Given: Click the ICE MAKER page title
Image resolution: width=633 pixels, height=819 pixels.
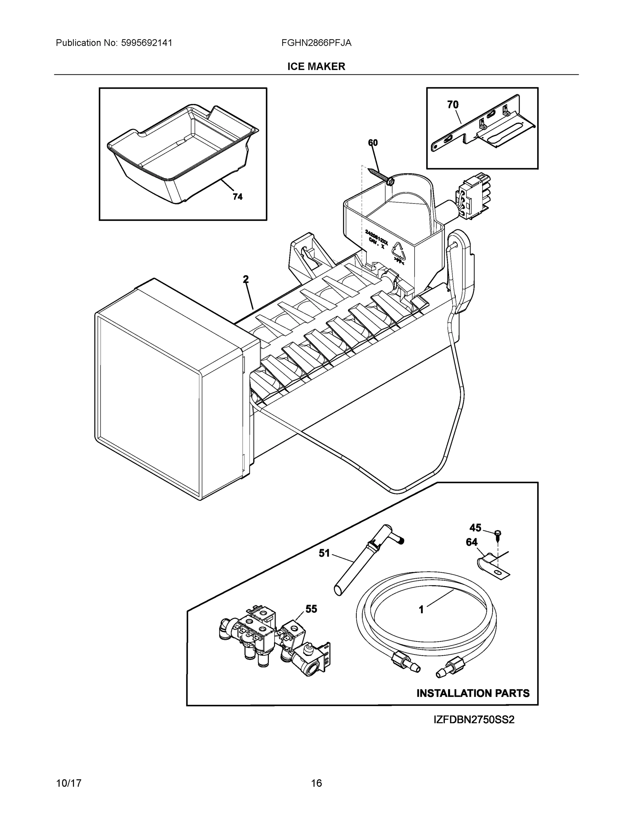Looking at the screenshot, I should click(x=316, y=67).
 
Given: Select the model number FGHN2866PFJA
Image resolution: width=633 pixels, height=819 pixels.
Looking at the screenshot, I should click(x=316, y=43).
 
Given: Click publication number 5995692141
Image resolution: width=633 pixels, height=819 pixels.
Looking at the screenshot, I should click(x=147, y=43).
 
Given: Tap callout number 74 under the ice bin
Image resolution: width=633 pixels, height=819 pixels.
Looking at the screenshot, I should click(x=238, y=197).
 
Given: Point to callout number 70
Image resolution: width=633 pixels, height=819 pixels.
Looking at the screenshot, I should click(x=452, y=105).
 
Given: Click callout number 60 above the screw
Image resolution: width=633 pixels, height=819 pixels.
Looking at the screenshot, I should click(x=373, y=143).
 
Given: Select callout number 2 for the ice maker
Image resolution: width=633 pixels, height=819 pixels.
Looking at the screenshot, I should click(x=246, y=279).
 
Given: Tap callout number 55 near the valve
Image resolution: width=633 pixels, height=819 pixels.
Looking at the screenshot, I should click(x=311, y=609).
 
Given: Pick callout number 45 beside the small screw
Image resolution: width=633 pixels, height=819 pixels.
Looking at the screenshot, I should click(x=475, y=528).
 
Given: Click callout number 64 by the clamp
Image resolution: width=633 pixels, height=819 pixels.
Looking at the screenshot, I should click(x=471, y=542).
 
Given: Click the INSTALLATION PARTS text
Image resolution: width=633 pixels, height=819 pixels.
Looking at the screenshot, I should click(x=473, y=693).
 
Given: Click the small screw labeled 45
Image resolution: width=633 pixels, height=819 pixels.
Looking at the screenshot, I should click(x=498, y=534).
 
